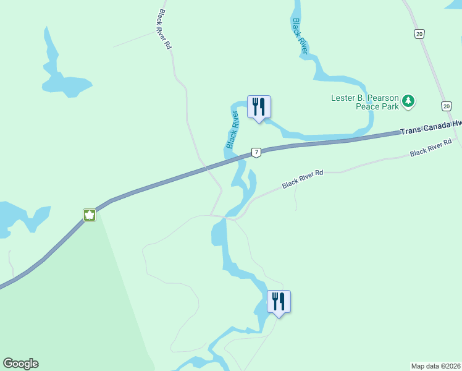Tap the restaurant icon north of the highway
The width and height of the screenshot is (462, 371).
click(x=259, y=107)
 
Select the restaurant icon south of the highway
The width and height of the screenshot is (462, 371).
click(x=279, y=302)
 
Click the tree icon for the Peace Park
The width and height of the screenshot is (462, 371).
click(x=408, y=101)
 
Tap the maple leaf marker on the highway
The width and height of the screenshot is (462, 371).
click(x=90, y=215)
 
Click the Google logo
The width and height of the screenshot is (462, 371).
click(x=20, y=364)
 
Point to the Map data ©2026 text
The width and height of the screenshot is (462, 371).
click(x=435, y=366)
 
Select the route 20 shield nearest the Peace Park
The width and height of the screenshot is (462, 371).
click(x=446, y=106)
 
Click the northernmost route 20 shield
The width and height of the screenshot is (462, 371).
click(x=419, y=35)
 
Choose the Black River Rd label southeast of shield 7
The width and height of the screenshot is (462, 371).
click(x=303, y=181)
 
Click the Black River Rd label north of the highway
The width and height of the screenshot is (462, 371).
click(x=164, y=29)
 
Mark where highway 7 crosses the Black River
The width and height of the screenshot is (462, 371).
click(x=240, y=159)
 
